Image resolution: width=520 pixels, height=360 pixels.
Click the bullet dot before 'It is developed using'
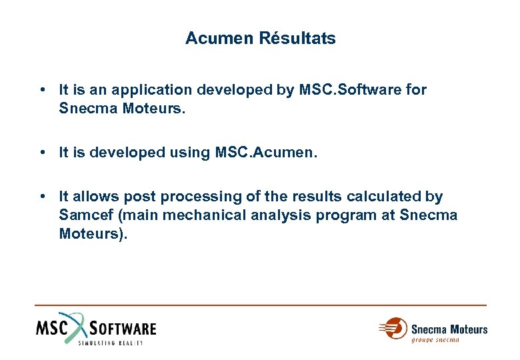42,153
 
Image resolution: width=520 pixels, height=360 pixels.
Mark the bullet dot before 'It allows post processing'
42,197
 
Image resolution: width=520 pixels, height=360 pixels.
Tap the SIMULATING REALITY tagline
111,342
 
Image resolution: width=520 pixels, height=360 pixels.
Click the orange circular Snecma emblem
395,329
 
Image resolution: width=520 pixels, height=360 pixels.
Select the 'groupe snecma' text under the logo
435,340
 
